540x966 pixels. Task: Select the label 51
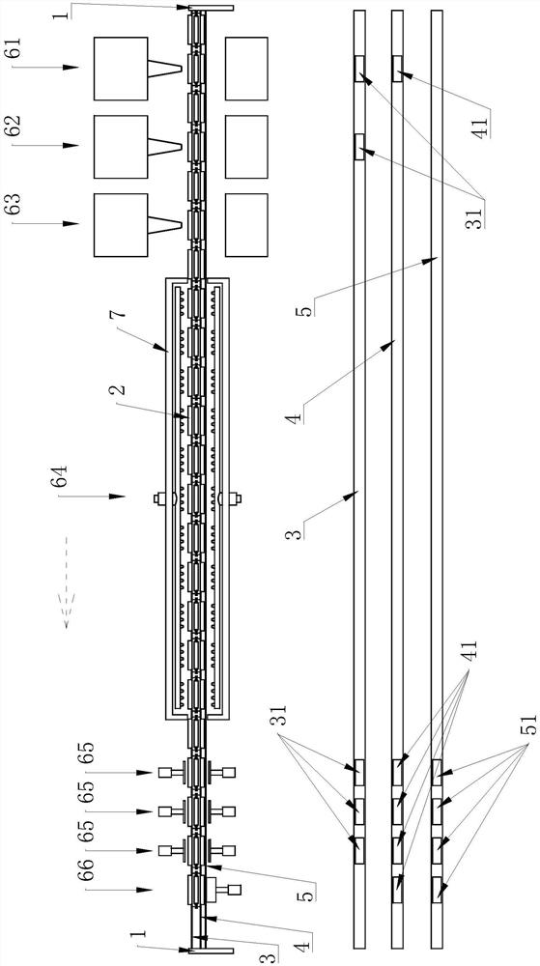[530, 727]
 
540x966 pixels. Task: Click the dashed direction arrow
[67, 582]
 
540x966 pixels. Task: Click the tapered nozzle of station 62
[165, 145]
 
